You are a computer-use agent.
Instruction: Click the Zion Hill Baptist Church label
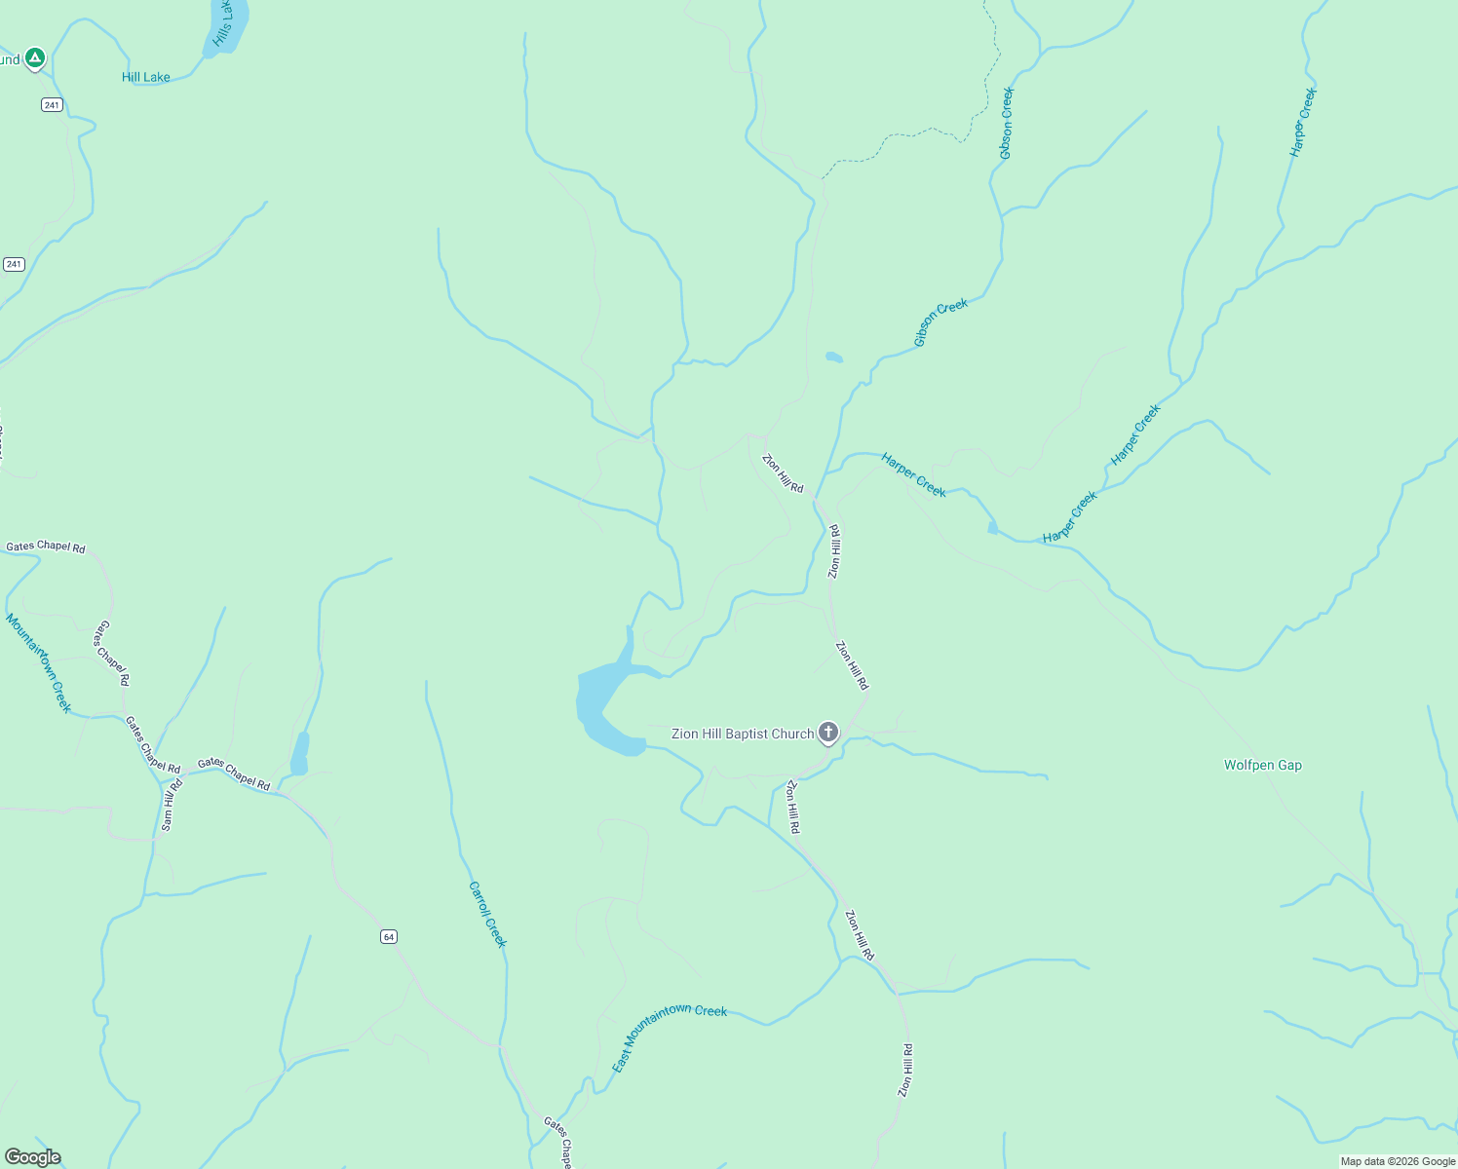[743, 734]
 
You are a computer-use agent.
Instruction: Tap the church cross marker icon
[827, 732]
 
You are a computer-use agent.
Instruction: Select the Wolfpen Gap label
[1262, 765]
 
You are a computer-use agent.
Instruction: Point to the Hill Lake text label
[146, 77]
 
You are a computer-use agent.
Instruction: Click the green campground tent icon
[35, 58]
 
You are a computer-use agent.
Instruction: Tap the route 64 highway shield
[389, 936]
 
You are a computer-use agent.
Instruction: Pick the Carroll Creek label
[487, 914]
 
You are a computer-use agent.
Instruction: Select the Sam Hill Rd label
[172, 805]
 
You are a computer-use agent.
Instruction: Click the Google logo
[32, 1157]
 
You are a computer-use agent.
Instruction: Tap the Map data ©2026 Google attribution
[1398, 1161]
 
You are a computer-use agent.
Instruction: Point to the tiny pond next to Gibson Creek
[833, 358]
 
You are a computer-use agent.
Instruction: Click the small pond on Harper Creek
[992, 528]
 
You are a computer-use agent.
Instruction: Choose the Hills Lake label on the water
[223, 24]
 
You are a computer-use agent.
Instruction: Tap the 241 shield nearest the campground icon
[52, 105]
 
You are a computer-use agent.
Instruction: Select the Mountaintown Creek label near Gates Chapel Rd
[39, 662]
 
